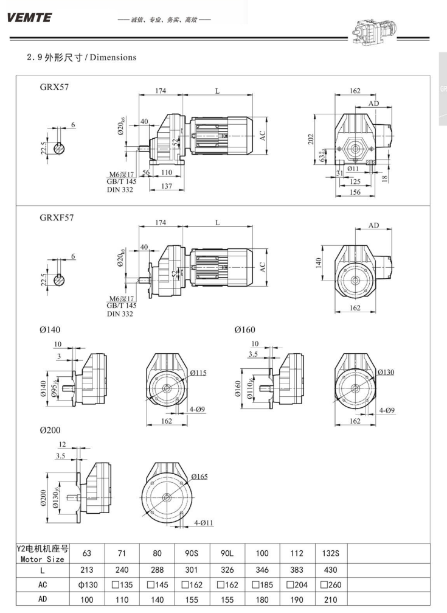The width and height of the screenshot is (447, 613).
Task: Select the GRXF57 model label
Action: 56,217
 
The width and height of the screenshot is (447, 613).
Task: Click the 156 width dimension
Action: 355,192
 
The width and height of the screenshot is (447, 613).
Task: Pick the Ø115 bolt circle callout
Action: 197,373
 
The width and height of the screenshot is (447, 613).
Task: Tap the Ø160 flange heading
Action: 247,330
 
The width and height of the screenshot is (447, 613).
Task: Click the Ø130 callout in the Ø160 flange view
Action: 386,372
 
